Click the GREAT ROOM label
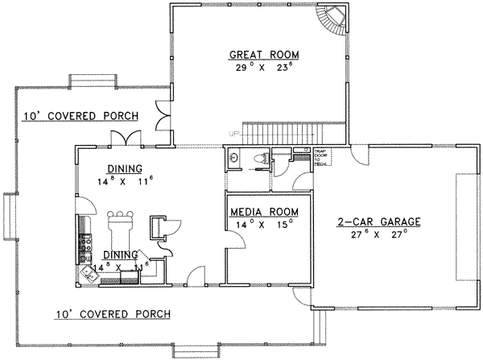(263, 55)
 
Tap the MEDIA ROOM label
(264, 211)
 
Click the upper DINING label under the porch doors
(124, 168)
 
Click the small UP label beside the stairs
(235, 134)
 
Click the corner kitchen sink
(90, 275)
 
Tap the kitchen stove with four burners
(84, 239)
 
